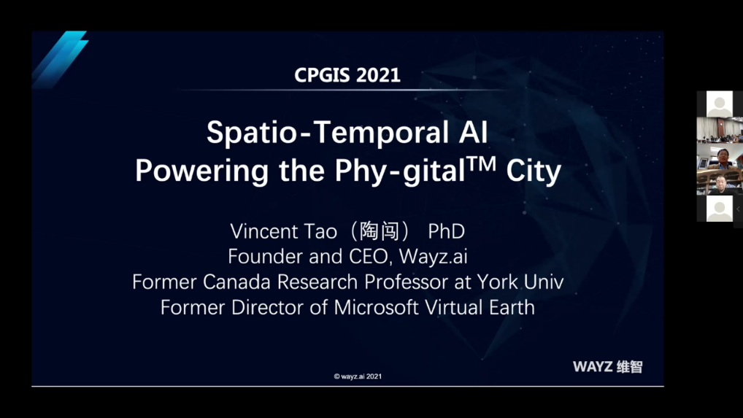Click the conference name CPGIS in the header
(x=322, y=75)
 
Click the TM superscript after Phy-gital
(x=482, y=164)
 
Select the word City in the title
(x=534, y=171)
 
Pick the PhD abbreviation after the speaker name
(x=447, y=231)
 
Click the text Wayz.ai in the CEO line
(x=433, y=257)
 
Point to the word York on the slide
(x=497, y=282)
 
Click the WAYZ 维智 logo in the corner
(x=607, y=366)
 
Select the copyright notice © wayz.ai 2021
(x=358, y=376)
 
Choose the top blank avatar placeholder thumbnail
(x=720, y=104)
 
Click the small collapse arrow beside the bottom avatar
(x=738, y=209)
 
